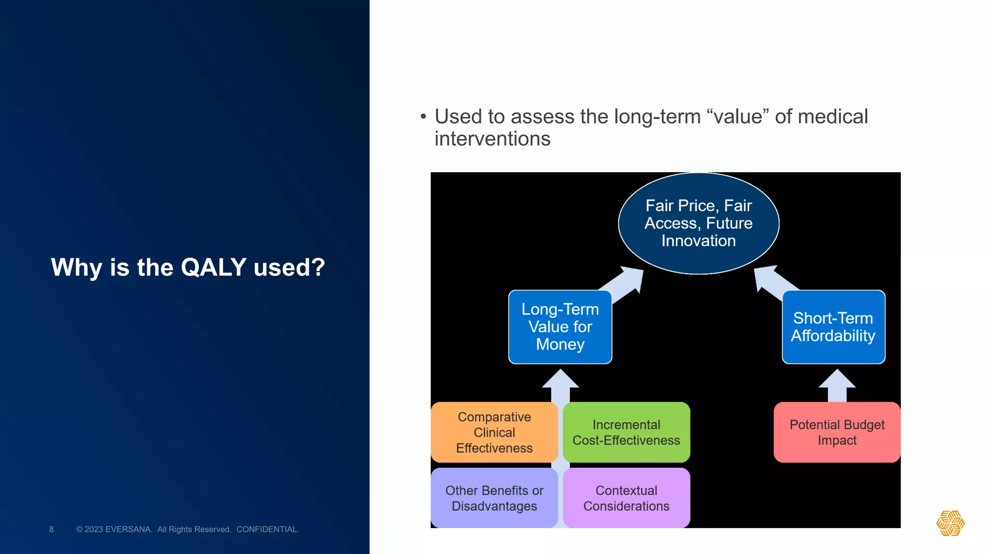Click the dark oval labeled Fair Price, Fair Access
pos(698,224)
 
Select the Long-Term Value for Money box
pos(560,327)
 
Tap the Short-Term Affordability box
pos(833,327)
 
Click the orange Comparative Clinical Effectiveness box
pos(494,432)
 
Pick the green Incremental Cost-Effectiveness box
pos(626,432)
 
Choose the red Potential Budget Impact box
pos(837,432)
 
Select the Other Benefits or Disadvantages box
pos(494,498)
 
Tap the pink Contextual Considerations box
pos(626,498)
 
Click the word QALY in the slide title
pos(214,267)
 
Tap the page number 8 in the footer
pos(51,529)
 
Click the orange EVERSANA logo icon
pos(950,523)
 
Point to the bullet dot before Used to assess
pos(423,117)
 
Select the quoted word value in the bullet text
pos(738,117)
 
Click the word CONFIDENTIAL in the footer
pos(267,529)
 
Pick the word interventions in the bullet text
pos(492,139)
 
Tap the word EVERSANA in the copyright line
pos(128,529)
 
